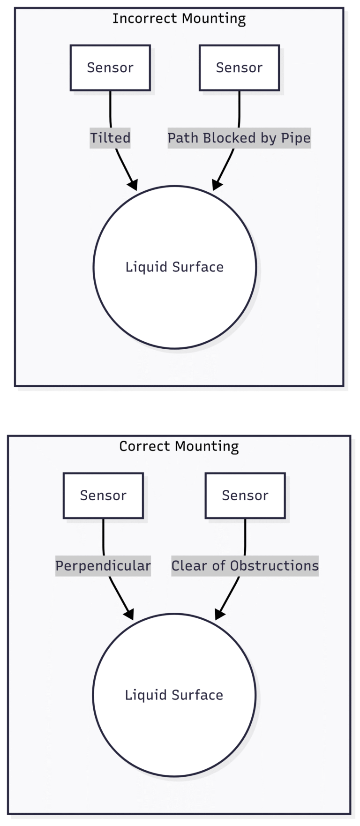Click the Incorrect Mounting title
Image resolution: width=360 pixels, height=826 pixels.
coord(179,19)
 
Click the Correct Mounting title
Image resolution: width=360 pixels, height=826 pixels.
coord(179,446)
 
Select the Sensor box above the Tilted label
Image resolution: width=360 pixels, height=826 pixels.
coord(110,68)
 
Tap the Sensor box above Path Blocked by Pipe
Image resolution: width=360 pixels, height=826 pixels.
coord(239,68)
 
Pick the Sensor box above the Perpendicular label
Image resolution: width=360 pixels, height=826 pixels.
coord(103,496)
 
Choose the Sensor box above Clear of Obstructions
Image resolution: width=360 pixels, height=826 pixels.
coord(245,496)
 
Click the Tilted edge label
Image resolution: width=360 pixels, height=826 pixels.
coord(110,138)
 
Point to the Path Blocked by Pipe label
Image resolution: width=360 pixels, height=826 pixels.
coord(239,138)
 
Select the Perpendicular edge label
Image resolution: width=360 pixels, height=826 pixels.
coord(103,566)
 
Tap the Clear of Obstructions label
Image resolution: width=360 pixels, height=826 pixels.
coord(245,566)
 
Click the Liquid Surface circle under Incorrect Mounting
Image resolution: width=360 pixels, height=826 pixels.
coord(175,267)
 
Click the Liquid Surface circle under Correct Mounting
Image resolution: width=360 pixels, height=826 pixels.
coord(174,695)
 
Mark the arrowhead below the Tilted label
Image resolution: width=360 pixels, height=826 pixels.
coord(133,184)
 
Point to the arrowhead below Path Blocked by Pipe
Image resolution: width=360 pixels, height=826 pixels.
coord(217,184)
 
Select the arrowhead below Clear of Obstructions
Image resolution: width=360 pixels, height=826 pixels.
coord(219,614)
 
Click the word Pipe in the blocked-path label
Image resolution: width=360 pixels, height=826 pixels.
coord(296,138)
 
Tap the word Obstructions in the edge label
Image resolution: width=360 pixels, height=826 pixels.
coord(274,566)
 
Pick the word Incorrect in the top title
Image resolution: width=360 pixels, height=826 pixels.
coord(145,19)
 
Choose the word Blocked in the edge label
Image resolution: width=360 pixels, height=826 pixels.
coord(223,138)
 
